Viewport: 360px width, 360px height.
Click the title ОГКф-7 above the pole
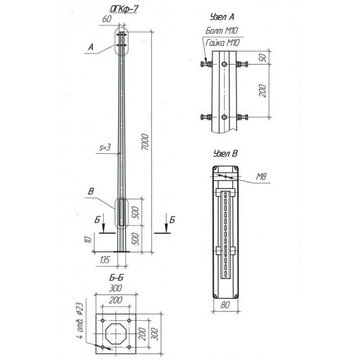pyautogui.click(x=128, y=8)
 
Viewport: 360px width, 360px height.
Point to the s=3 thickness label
pyautogui.click(x=105, y=147)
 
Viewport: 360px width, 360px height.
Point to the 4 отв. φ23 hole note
pyautogui.click(x=80, y=323)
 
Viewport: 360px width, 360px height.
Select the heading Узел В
pyautogui.click(x=223, y=155)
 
